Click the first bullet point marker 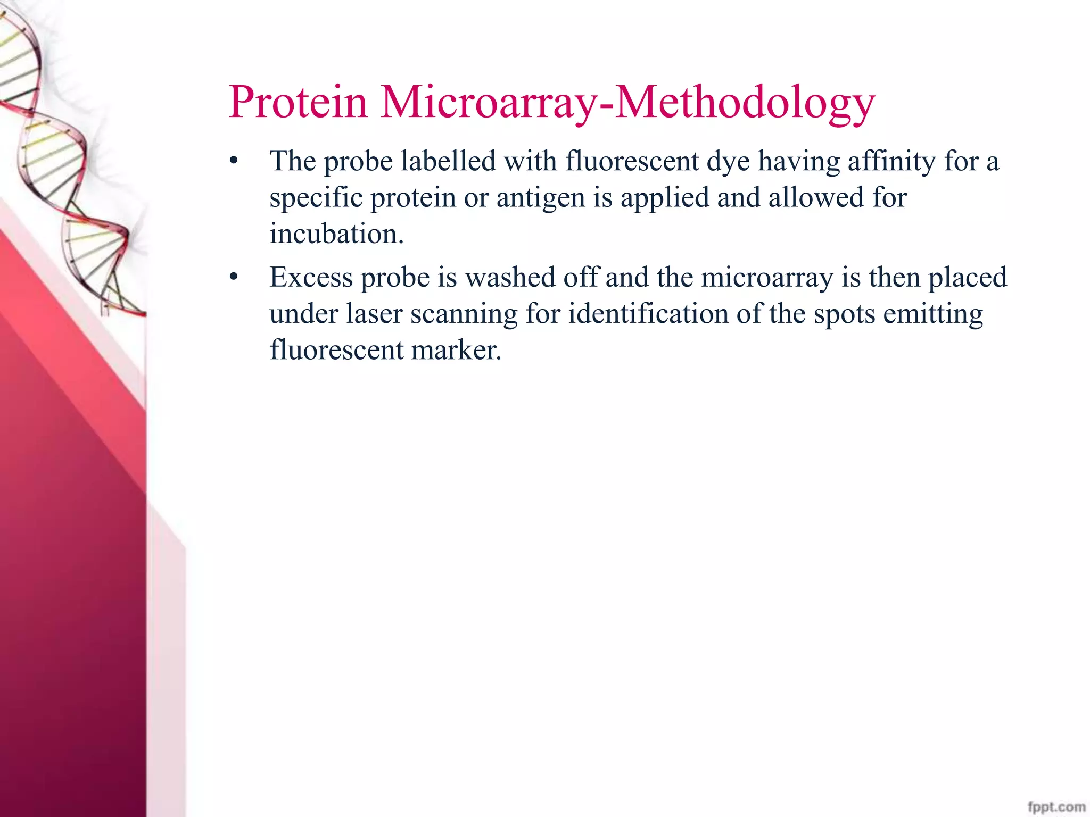click(233, 160)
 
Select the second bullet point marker click(233, 277)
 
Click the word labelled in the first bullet click(448, 161)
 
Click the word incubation click(336, 234)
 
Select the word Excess click(311, 277)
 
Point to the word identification click(648, 313)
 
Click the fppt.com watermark click(1056, 806)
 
